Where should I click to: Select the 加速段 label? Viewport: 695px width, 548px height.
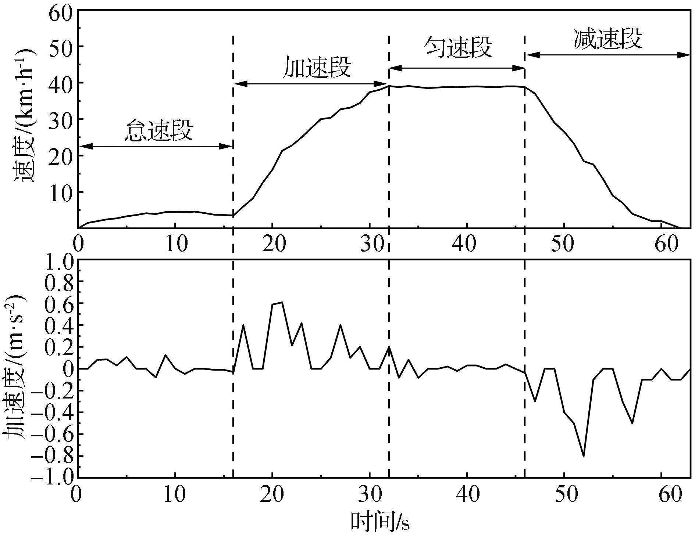[x=316, y=68]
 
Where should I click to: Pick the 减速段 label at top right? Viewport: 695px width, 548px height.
[x=608, y=39]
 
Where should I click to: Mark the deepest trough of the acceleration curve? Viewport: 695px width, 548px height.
[x=584, y=456]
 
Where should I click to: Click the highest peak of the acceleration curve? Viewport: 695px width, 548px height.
[x=282, y=302]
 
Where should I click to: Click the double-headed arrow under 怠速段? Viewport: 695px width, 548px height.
[x=156, y=146]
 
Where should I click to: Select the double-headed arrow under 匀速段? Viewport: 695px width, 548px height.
[x=457, y=68]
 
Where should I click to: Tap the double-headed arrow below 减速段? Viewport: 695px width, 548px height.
[x=608, y=55]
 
